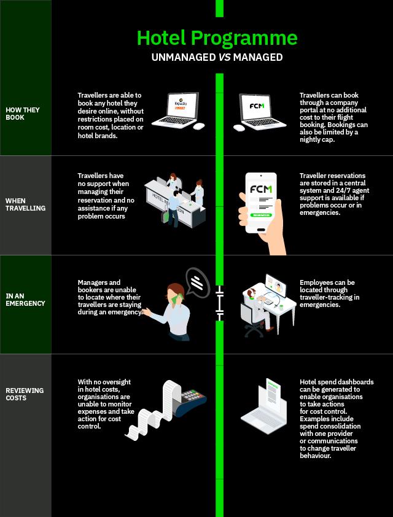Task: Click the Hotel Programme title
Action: [x=217, y=38]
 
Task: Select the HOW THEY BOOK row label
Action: [x=15, y=114]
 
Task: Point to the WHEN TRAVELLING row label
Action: [x=25, y=204]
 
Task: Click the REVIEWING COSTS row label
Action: [x=25, y=394]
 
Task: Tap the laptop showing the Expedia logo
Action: [x=177, y=112]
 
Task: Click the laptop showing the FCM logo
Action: [x=257, y=112]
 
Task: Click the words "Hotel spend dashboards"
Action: [x=337, y=382]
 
